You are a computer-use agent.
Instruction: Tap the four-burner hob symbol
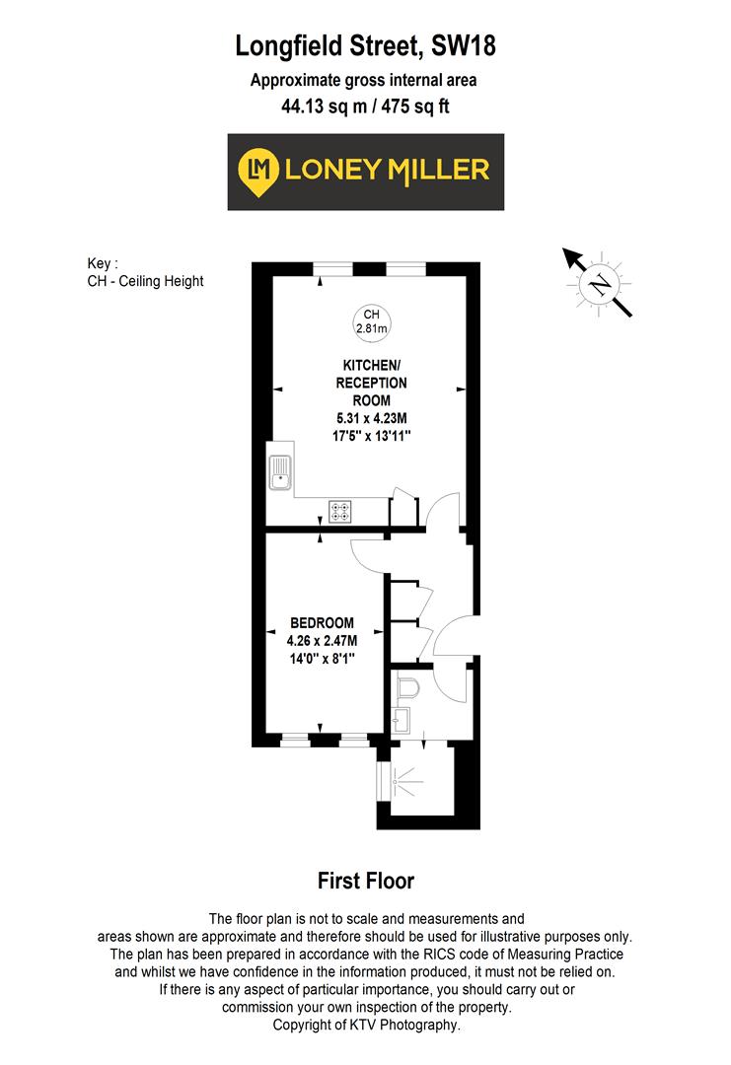pyautogui.click(x=341, y=511)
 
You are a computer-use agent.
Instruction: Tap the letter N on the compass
pyautogui.click(x=598, y=286)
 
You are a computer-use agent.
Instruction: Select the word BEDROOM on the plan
pyautogui.click(x=322, y=622)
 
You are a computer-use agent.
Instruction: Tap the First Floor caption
pyautogui.click(x=366, y=881)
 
